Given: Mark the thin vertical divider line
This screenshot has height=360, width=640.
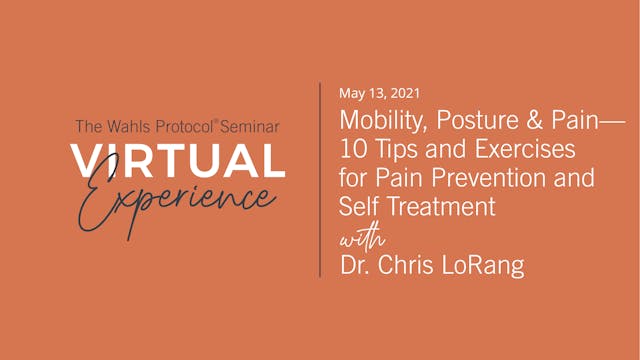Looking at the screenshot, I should pyautogui.click(x=320, y=180).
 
